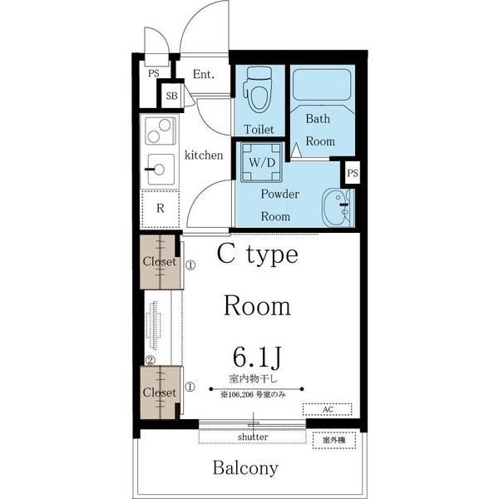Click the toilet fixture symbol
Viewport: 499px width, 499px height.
[x=258, y=90]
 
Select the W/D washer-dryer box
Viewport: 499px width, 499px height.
[x=262, y=162]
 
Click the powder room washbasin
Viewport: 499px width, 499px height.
[x=336, y=207]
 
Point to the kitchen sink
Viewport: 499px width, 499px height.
[x=161, y=170]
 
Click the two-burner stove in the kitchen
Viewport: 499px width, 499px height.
[x=160, y=131]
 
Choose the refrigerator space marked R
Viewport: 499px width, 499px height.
[x=160, y=209]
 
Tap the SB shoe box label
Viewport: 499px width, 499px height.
[x=171, y=96]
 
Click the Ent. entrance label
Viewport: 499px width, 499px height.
[x=204, y=74]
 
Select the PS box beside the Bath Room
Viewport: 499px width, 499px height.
[x=353, y=173]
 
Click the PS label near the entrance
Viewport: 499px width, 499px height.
[x=154, y=73]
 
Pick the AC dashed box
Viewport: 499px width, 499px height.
[x=328, y=409]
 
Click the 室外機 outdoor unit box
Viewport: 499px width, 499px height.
[x=334, y=440]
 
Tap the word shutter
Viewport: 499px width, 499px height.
[x=253, y=437]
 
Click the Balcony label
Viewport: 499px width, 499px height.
[x=245, y=467]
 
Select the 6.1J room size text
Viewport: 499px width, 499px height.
[x=258, y=357]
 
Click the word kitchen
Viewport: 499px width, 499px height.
[x=204, y=155]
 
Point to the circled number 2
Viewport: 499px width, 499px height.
[x=150, y=361]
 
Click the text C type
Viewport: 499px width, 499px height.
[x=258, y=255]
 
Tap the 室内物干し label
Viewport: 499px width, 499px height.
[x=254, y=378]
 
